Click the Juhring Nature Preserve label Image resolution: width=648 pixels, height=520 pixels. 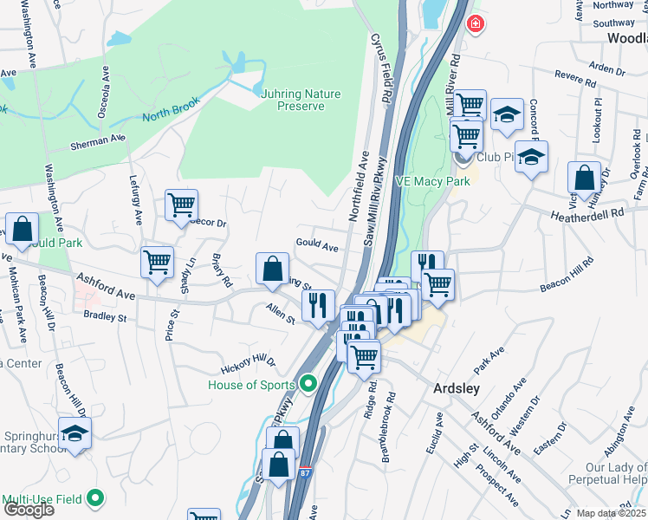click(x=296, y=100)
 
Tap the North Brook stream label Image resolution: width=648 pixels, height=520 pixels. click(x=171, y=108)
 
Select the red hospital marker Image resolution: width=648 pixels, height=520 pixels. click(x=475, y=24)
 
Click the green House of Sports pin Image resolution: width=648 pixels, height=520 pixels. click(x=307, y=383)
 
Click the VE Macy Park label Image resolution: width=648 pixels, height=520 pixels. click(x=432, y=181)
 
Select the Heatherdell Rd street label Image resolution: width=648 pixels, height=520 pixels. click(x=586, y=212)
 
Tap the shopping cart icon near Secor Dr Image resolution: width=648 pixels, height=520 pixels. click(x=182, y=205)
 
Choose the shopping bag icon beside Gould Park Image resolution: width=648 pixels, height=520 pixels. click(x=23, y=230)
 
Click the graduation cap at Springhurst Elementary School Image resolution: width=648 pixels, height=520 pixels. click(x=75, y=433)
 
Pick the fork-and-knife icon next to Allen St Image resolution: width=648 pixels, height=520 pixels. click(x=318, y=303)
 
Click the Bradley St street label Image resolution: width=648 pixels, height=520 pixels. click(x=105, y=317)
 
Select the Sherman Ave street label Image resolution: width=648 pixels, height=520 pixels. click(x=98, y=140)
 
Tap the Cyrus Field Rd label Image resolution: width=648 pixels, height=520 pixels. click(x=378, y=58)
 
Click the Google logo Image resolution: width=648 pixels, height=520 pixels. click(x=29, y=510)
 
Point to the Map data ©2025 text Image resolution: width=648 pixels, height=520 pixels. click(x=612, y=513)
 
